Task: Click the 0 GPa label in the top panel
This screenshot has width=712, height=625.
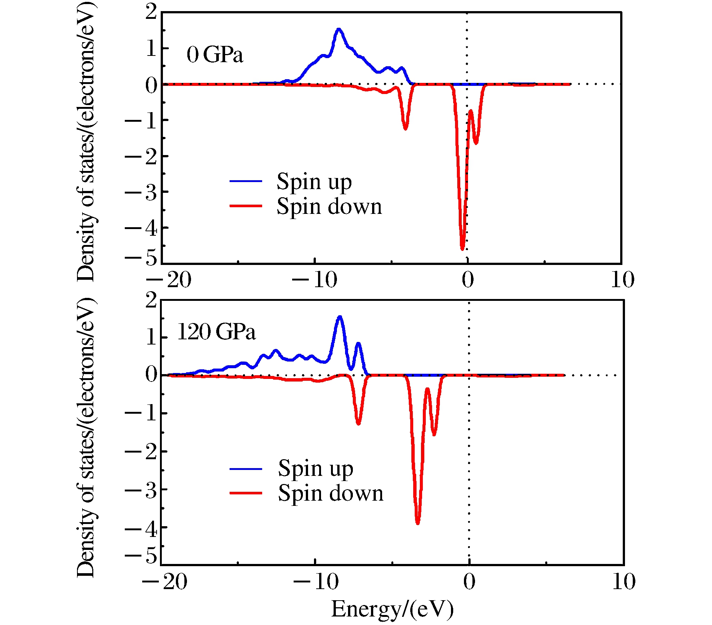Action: [215, 55]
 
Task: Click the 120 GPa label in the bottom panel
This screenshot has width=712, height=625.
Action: [217, 332]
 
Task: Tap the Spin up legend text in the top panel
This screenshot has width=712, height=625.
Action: [314, 182]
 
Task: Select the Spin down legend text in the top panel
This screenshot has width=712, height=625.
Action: [329, 206]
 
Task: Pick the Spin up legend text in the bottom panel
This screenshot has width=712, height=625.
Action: [315, 468]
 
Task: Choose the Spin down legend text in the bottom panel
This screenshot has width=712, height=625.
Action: [331, 493]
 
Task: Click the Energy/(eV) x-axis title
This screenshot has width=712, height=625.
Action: [392, 609]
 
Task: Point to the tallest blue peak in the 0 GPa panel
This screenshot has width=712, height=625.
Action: [339, 29]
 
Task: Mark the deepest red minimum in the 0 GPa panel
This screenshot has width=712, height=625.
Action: [462, 249]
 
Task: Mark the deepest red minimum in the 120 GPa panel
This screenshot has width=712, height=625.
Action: [418, 523]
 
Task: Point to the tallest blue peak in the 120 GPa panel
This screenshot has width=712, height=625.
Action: [340, 317]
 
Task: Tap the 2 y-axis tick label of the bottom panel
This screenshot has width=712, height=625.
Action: [151, 300]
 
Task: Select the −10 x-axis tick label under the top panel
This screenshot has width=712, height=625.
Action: [315, 280]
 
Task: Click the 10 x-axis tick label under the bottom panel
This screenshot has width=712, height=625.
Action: [624, 581]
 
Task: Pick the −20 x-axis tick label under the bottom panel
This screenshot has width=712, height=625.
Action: [165, 581]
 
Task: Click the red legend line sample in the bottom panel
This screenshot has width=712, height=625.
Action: [245, 493]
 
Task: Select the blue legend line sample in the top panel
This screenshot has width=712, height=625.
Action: [245, 181]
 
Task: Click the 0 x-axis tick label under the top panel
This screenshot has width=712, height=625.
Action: [468, 280]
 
